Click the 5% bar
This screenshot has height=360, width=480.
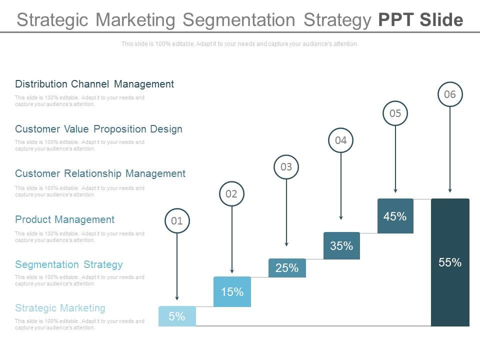pos(177,316)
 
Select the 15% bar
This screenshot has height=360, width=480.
pos(232,291)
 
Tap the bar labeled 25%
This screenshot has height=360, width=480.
pos(287,268)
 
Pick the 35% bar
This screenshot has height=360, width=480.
pos(341,245)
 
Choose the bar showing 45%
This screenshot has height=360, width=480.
pos(395,216)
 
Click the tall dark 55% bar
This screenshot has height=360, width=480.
pos(450,262)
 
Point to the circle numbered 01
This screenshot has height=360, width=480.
pos(177,220)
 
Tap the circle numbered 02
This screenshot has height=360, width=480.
pos(231,193)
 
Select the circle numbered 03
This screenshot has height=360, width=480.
pos(286,167)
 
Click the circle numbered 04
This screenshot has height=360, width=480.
pos(341,140)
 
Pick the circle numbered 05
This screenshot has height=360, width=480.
pos(395,113)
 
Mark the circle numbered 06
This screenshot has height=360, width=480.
pos(450,94)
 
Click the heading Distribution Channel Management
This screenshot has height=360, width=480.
pos(94,84)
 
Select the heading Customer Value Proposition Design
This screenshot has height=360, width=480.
pos(98,129)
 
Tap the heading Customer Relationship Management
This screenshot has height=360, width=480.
pos(100,173)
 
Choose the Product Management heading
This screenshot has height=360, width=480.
pos(64,219)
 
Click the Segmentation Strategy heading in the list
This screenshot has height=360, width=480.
pos(68,264)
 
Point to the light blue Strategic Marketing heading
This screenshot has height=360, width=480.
pos(60,307)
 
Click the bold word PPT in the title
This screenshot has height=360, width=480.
pos(396,20)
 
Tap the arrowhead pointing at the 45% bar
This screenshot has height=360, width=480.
pos(395,190)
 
